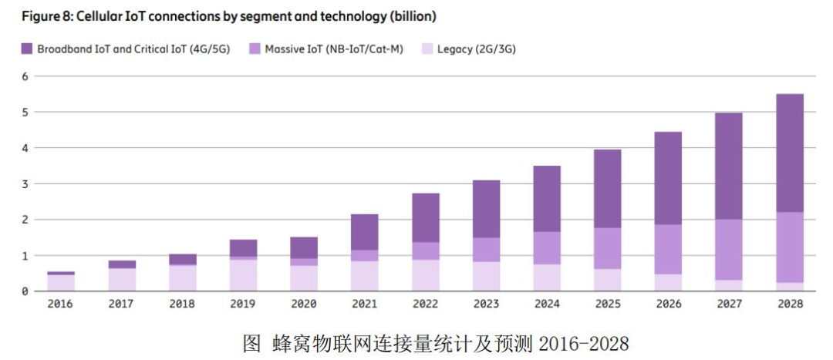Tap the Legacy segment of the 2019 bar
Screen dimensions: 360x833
coord(242,275)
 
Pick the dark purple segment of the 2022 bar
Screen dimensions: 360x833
coord(425,217)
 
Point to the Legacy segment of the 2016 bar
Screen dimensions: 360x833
coord(60,282)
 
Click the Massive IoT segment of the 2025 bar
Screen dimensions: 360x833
coord(607,248)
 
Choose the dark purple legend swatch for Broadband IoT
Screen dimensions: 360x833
coord(26,49)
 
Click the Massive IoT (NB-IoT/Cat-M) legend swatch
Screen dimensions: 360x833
coord(255,49)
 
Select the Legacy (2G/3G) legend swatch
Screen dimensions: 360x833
coord(427,49)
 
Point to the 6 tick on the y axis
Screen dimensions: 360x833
coord(25,76)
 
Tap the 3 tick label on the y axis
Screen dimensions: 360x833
coord(25,184)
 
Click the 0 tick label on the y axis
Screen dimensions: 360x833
coord(25,291)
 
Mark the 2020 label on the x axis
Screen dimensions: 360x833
coord(303,304)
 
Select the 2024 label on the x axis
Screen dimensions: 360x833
coord(547,304)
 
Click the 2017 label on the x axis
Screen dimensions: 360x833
coord(121,304)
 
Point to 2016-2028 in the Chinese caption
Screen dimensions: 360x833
coord(585,342)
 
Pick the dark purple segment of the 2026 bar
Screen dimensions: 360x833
coord(668,178)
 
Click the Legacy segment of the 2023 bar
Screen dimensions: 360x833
coord(486,276)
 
